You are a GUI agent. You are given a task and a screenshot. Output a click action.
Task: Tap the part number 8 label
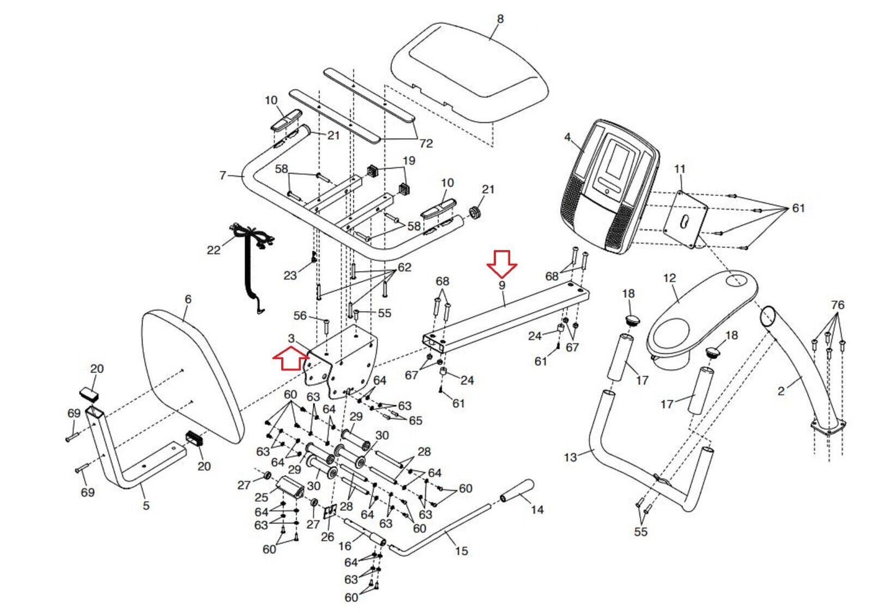tap(500, 19)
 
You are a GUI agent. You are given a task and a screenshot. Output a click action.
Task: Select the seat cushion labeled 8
tap(469, 76)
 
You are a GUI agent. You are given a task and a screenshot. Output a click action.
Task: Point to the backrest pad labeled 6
tap(191, 376)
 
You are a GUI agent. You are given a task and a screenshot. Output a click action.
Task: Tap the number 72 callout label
tap(426, 143)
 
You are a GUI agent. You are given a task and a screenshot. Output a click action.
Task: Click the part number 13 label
tap(570, 457)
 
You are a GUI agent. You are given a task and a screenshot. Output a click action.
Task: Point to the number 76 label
tap(838, 305)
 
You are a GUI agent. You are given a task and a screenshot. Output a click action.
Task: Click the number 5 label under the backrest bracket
tap(146, 506)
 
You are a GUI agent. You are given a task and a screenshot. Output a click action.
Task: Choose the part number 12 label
tap(669, 278)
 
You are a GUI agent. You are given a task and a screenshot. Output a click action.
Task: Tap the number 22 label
tap(214, 250)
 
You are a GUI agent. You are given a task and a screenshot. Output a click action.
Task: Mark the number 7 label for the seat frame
tap(222, 175)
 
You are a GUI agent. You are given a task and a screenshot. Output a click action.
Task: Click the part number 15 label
tap(462, 551)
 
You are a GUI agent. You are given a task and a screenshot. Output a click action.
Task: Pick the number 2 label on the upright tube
tap(781, 391)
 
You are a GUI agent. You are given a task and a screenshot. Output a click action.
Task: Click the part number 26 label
tap(327, 537)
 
